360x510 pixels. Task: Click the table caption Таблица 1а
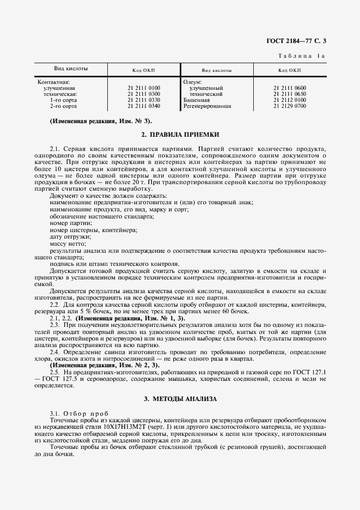pyautogui.click(x=305, y=57)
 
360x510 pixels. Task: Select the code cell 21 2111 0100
pyautogui.click(x=144, y=88)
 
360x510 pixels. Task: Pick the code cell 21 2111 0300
pyautogui.click(x=144, y=94)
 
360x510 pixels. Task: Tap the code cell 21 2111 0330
pyautogui.click(x=144, y=100)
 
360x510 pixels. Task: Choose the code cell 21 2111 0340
pyautogui.click(x=144, y=106)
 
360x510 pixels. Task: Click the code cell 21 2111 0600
pyautogui.click(x=290, y=88)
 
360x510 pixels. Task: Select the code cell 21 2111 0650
pyautogui.click(x=290, y=94)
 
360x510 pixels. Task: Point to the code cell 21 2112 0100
pyautogui.click(x=290, y=100)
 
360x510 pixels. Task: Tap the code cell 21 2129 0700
pyautogui.click(x=290, y=106)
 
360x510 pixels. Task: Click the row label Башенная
pyautogui.click(x=197, y=100)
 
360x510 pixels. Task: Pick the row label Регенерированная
pyautogui.click(x=207, y=106)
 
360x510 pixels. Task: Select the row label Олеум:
pyautogui.click(x=193, y=82)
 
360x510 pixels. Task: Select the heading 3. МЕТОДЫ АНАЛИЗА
pyautogui.click(x=180, y=399)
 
